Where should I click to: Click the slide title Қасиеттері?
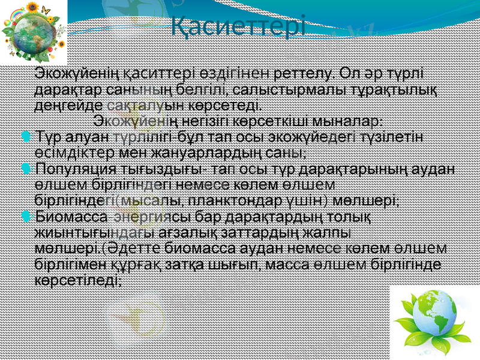[238, 25]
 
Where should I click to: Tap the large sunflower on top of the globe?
[32, 7]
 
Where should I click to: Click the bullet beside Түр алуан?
[23, 137]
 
